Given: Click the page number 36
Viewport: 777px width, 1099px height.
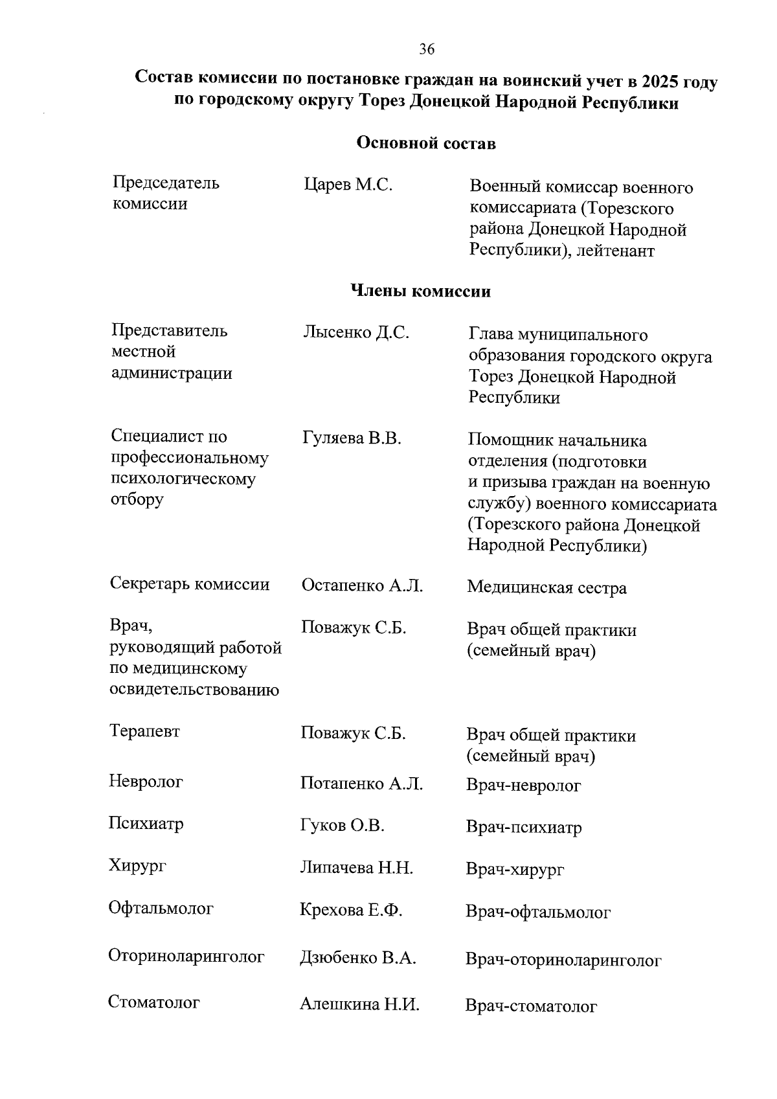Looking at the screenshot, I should coord(427,49).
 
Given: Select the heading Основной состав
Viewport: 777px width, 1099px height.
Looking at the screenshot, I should coord(427,143).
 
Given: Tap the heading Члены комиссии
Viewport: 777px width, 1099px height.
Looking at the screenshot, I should coord(420,291).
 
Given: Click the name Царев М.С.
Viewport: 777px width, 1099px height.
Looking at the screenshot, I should coord(348,185).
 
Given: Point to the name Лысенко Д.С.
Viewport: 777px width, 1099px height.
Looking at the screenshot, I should coord(355,333).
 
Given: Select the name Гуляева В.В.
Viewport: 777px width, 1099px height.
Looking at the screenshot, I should coord(352,438).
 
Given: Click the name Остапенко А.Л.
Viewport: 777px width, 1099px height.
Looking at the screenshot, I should coord(362,586).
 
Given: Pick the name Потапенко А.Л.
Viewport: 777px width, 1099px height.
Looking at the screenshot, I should coord(361,784).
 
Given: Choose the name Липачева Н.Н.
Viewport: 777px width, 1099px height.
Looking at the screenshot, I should coord(356,868).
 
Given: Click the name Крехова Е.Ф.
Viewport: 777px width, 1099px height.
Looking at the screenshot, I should coord(351,911).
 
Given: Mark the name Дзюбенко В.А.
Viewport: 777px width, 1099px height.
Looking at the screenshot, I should coord(357,958).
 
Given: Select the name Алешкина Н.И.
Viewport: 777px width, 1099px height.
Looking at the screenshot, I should coord(359,1005).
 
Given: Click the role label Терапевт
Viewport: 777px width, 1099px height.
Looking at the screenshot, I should coord(144,732).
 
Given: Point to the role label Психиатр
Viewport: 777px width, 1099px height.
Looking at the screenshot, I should coord(146,824).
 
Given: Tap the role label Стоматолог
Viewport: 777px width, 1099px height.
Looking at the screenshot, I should coord(154,1003).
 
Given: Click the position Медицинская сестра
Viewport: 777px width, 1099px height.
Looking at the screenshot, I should coord(546,588).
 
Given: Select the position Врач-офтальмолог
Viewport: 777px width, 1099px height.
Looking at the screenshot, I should coord(537,912).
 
